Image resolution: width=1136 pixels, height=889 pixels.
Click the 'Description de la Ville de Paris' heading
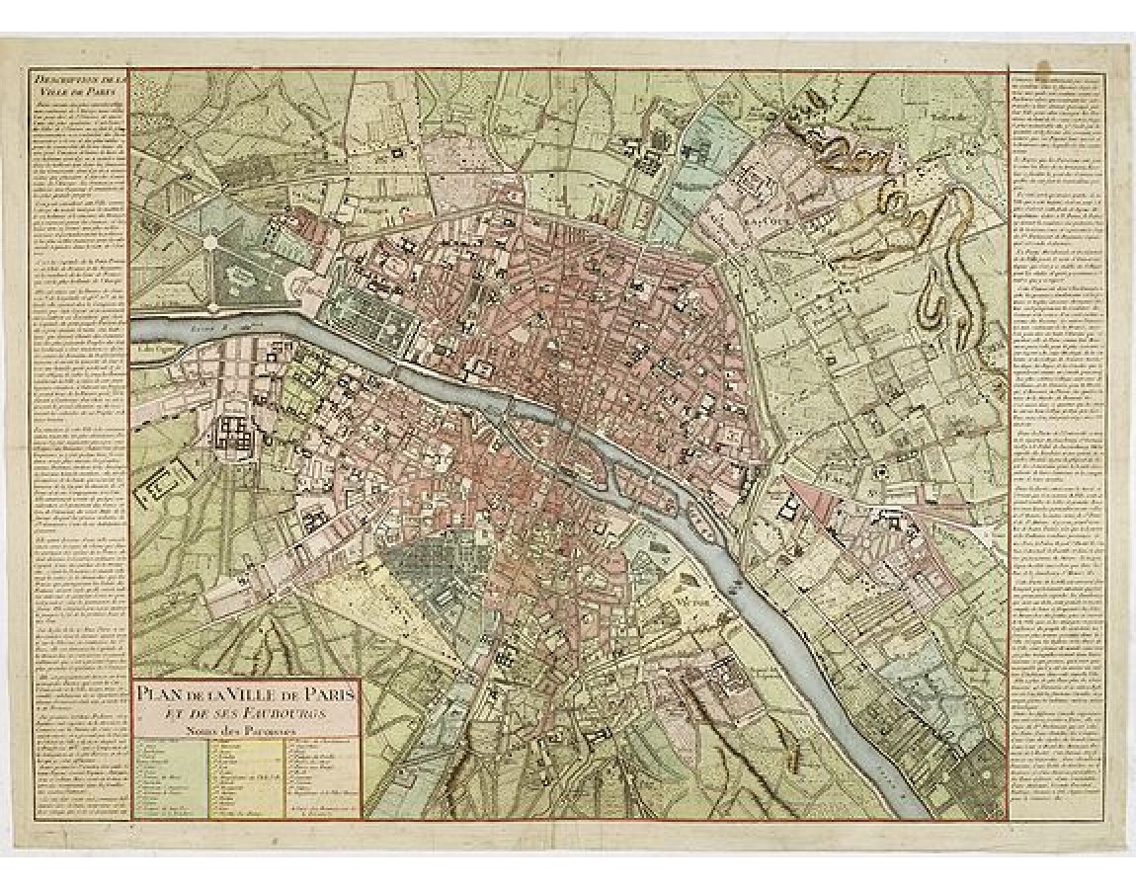[79, 87]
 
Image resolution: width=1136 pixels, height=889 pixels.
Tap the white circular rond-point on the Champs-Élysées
[209, 240]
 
